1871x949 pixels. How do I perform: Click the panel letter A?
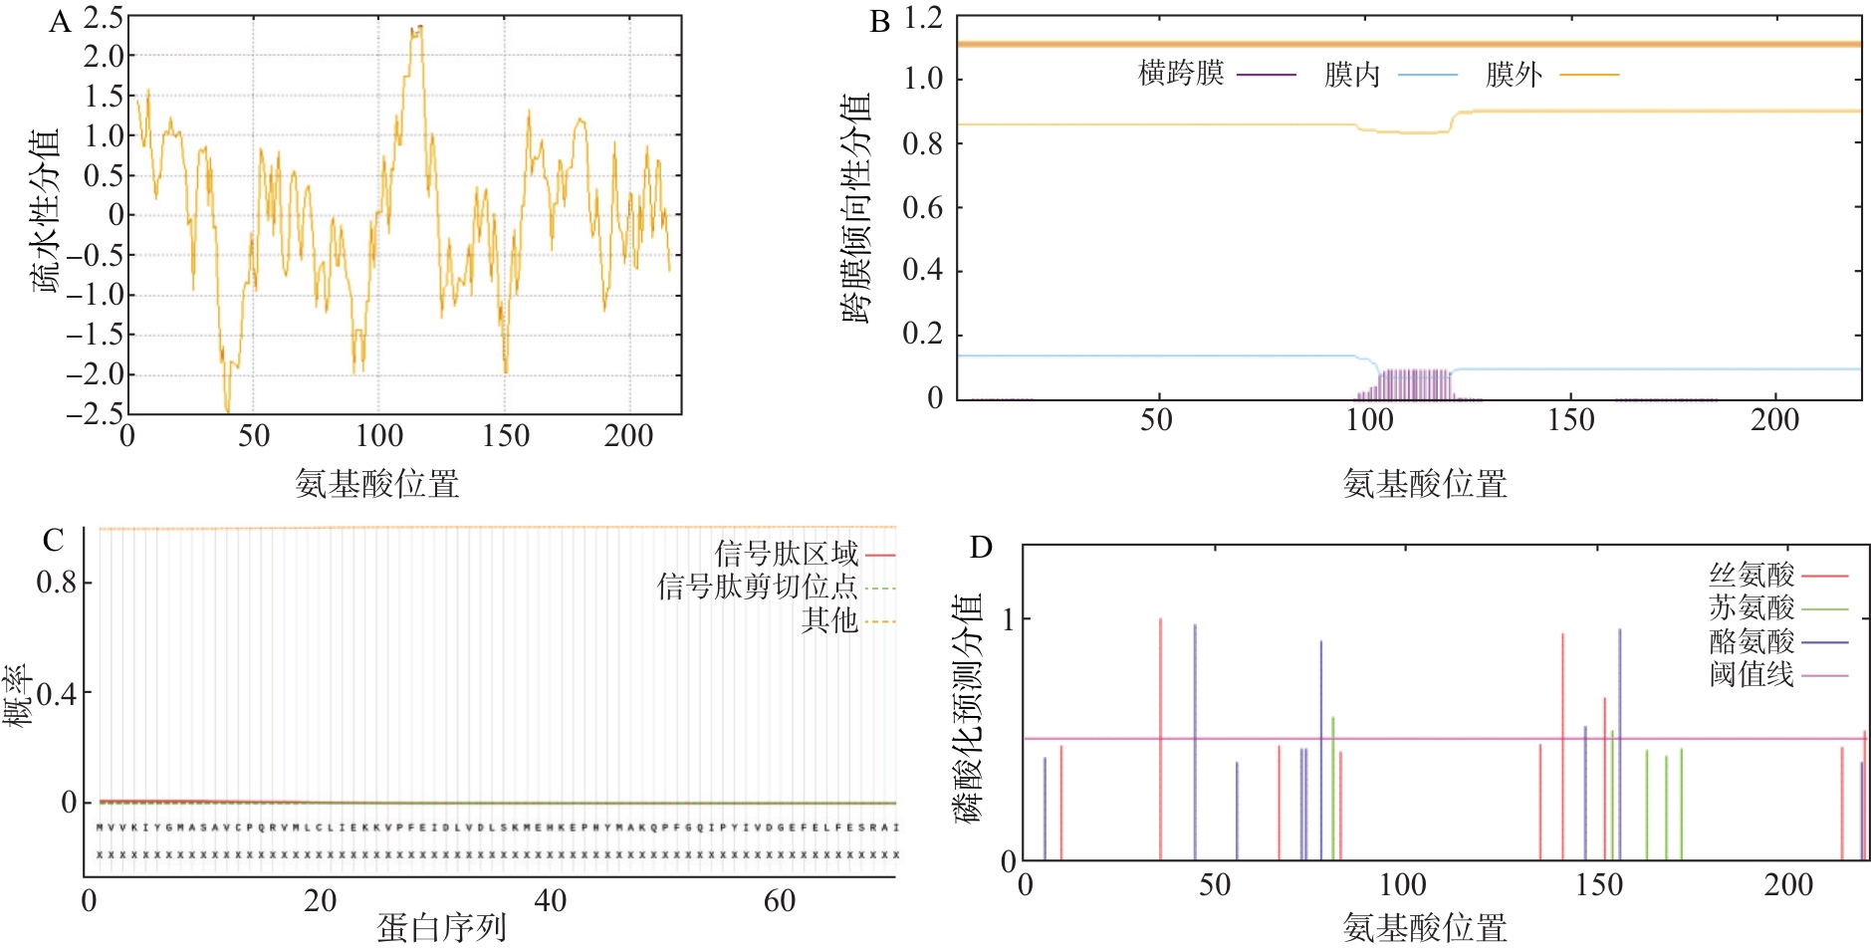point(60,22)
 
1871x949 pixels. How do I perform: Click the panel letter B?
point(879,22)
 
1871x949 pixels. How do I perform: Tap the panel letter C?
point(53,541)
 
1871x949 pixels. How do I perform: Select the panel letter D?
point(981,547)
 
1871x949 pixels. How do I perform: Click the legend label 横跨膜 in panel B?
point(1181,74)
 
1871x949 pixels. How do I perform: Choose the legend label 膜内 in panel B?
point(1351,75)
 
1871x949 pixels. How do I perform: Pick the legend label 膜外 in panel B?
point(1514,75)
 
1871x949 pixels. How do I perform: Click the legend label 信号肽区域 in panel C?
point(786,554)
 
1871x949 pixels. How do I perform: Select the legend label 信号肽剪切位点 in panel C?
point(757,587)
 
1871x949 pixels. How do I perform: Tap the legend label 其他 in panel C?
point(829,620)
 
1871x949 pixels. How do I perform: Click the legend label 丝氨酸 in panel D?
point(1752,575)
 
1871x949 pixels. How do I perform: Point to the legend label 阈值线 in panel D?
point(1752,674)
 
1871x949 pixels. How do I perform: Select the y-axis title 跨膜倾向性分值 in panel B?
point(856,209)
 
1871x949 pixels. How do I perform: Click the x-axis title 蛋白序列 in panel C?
point(441,928)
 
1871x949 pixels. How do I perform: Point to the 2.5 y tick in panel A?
point(104,18)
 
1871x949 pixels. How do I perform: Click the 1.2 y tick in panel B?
point(922,18)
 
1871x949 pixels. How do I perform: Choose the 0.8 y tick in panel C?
point(57,583)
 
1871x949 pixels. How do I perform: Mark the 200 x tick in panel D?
point(1788,884)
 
